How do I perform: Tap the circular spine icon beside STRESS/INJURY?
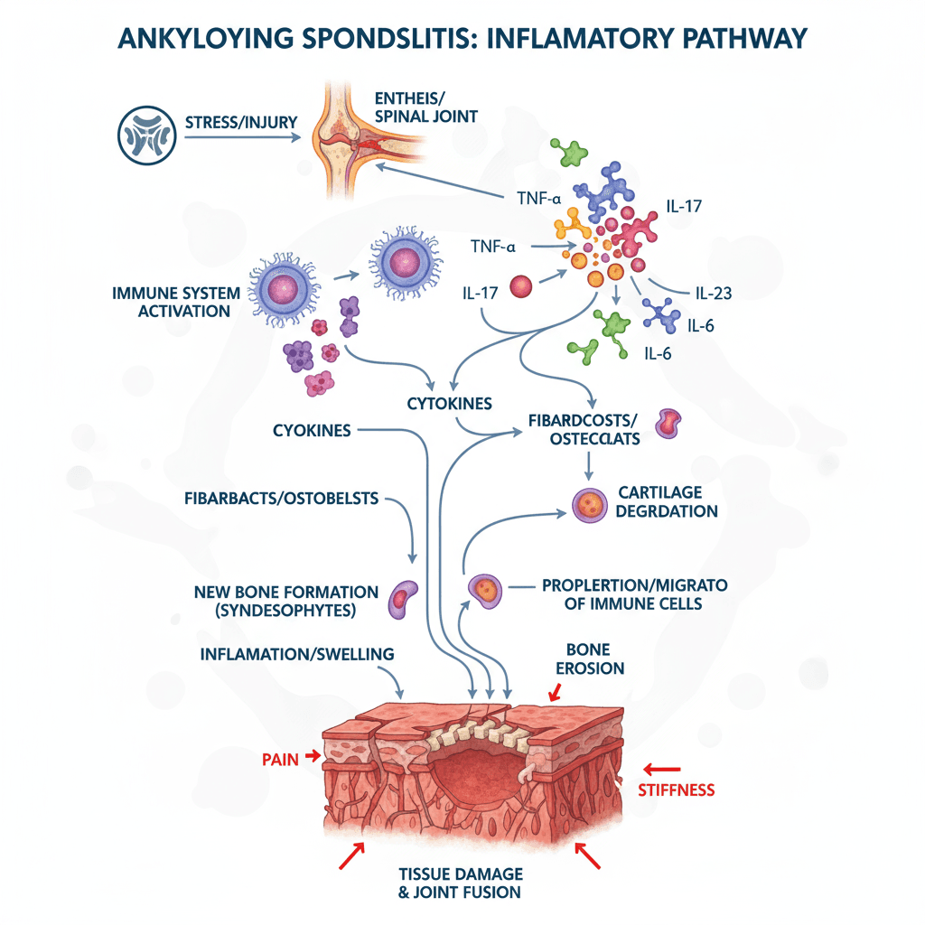point(145,136)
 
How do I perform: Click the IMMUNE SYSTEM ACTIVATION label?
point(177,303)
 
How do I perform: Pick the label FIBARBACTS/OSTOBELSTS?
point(281,497)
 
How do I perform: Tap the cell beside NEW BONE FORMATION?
point(403,599)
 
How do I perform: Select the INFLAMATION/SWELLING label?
point(297,653)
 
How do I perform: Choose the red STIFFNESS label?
point(676,790)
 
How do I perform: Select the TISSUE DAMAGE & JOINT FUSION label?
point(461,883)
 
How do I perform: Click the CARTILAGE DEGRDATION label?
point(668,501)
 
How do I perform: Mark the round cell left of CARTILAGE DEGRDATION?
point(587,504)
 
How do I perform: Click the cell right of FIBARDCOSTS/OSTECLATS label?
point(668,422)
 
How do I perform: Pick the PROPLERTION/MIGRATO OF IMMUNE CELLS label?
point(633,593)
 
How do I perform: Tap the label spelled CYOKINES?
point(312,431)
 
